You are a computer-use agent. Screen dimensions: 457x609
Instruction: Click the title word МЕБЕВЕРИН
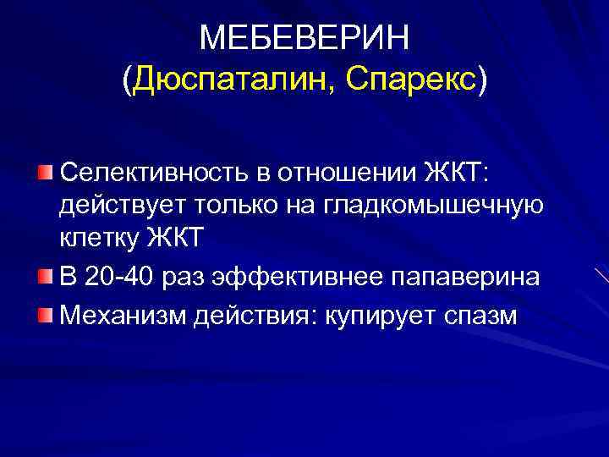[x=304, y=38]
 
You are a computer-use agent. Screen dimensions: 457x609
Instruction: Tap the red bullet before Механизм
[x=45, y=315]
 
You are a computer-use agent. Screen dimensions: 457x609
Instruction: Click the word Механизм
[x=123, y=315]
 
